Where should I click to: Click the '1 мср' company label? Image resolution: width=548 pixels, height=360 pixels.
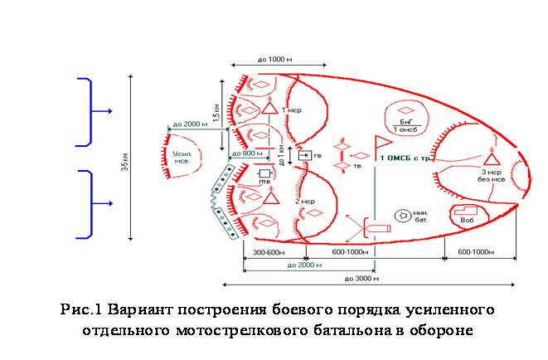tap(291, 109)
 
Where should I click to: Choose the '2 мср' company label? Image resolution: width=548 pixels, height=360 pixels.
tap(303, 201)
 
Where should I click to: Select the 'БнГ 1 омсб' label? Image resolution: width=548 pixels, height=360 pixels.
tap(408, 125)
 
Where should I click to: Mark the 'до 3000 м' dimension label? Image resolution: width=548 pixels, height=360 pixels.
tap(361, 279)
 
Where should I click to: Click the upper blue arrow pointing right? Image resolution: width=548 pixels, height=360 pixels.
tap(102, 110)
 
